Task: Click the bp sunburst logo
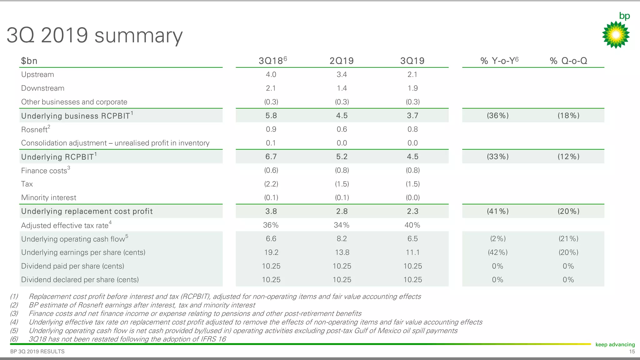[x=616, y=34]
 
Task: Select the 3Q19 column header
[x=412, y=61]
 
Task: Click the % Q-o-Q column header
[x=568, y=61]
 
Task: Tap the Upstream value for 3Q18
[x=271, y=74]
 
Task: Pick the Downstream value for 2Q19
[x=342, y=88]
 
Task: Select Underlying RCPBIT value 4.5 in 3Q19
[x=412, y=157]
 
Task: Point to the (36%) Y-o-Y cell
[x=497, y=116]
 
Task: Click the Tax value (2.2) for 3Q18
[x=271, y=184]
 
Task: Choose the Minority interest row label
[x=48, y=197]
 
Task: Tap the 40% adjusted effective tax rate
[x=412, y=225]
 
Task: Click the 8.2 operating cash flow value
[x=342, y=239]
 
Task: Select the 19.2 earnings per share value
[x=271, y=252]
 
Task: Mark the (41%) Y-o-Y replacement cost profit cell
[x=497, y=211]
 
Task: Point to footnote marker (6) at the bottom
[x=14, y=339]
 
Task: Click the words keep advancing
[x=615, y=344]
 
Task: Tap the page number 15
[x=632, y=352]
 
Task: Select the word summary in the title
[x=138, y=36]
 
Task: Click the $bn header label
[x=29, y=61]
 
